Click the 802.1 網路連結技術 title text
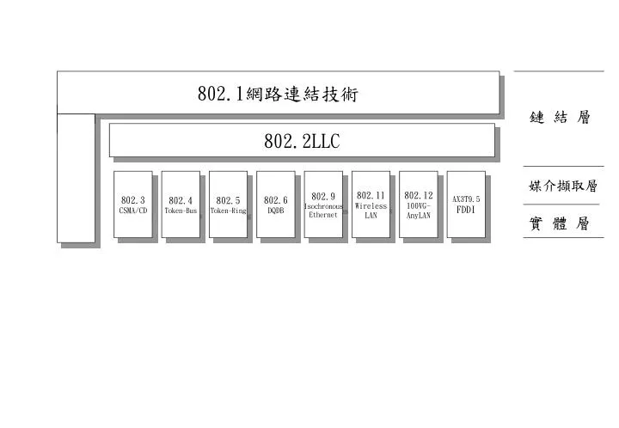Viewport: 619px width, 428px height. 278,94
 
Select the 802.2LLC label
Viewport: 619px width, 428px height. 302,141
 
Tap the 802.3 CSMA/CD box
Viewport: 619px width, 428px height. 133,205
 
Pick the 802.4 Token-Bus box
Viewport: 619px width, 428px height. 181,205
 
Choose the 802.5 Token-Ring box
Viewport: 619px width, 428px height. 228,205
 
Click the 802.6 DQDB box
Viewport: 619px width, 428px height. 276,205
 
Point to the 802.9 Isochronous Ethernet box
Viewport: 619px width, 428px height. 323,205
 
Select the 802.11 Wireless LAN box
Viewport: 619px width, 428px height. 371,205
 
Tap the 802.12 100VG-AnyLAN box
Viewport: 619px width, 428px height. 419,205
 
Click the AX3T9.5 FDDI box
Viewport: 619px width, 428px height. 466,205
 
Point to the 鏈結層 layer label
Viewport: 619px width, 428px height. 560,117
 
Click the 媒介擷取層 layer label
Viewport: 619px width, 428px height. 563,186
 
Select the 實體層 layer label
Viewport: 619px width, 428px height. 560,223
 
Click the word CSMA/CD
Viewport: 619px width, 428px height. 133,211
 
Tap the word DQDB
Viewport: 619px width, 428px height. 276,211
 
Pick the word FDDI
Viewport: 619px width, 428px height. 466,210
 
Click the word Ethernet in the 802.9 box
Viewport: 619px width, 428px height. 323,215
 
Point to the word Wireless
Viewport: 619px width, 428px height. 371,206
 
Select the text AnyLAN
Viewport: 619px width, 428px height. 419,216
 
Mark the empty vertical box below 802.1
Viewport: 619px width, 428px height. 76,178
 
